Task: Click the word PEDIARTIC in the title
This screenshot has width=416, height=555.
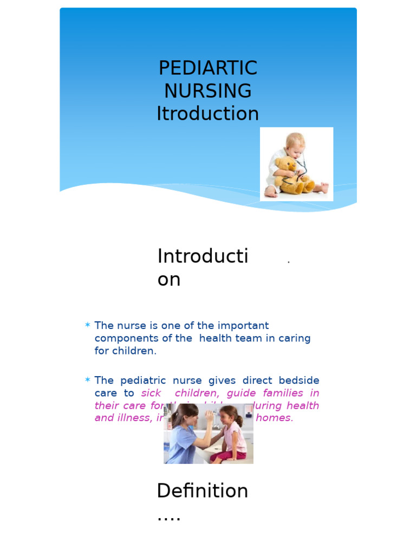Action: click(208, 68)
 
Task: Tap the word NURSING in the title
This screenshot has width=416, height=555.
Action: click(208, 91)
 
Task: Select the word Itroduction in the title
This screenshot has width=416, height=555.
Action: click(208, 114)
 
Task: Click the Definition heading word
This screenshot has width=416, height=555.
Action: click(202, 491)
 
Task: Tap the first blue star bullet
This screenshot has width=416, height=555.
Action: click(87, 325)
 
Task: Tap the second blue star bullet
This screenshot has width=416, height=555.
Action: click(87, 380)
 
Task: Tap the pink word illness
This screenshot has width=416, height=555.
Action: click(132, 418)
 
